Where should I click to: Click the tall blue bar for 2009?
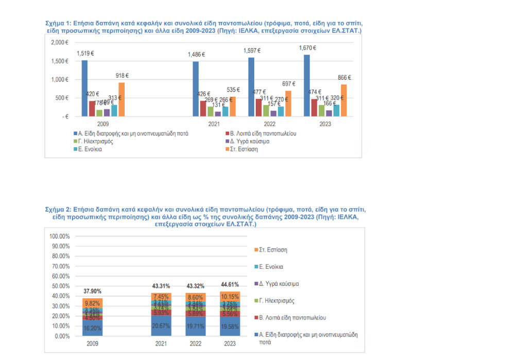[x=84, y=88]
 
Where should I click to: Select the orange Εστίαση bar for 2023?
[x=344, y=100]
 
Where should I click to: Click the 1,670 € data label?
[x=307, y=48]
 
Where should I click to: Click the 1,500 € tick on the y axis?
[x=60, y=61]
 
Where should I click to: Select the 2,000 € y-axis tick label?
[x=60, y=43]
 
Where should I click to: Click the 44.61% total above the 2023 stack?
[x=230, y=285]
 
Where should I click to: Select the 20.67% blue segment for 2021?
[x=161, y=326]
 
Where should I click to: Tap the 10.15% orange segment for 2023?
[x=230, y=297]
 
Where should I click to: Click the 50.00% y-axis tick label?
[x=60, y=286]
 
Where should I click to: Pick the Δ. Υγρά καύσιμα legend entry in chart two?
[x=280, y=284]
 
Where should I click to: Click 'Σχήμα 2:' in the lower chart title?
[x=58, y=211]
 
